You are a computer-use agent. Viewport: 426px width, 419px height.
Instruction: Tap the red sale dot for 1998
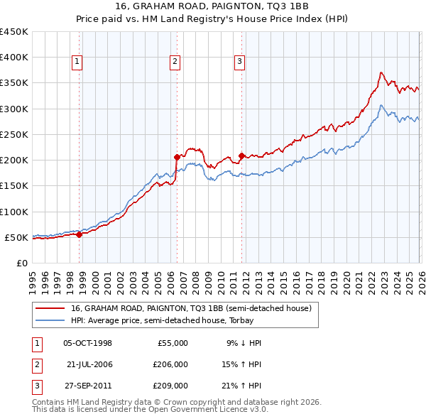click(x=79, y=235)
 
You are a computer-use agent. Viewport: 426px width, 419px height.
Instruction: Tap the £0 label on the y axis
click(x=21, y=263)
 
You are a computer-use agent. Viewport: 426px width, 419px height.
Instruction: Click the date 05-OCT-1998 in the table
click(x=87, y=343)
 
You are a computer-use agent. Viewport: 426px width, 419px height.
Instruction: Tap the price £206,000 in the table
click(x=170, y=364)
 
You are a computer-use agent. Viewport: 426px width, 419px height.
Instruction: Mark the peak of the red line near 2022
click(x=381, y=72)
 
